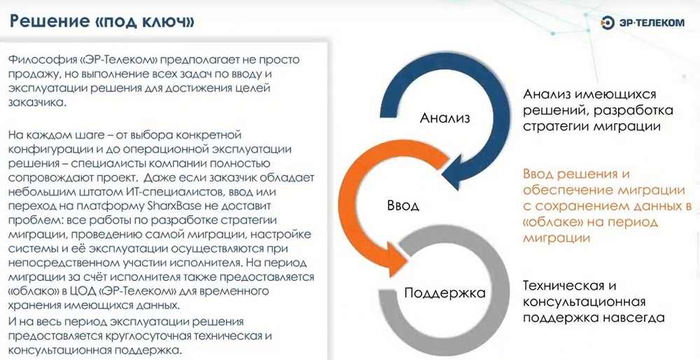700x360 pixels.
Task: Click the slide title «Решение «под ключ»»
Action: click(x=101, y=21)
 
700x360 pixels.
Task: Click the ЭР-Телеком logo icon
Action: click(x=608, y=22)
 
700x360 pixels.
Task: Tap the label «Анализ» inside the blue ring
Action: click(x=445, y=118)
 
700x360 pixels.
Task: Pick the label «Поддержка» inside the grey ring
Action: click(x=444, y=293)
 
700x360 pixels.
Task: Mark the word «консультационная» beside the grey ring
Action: click(x=584, y=302)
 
